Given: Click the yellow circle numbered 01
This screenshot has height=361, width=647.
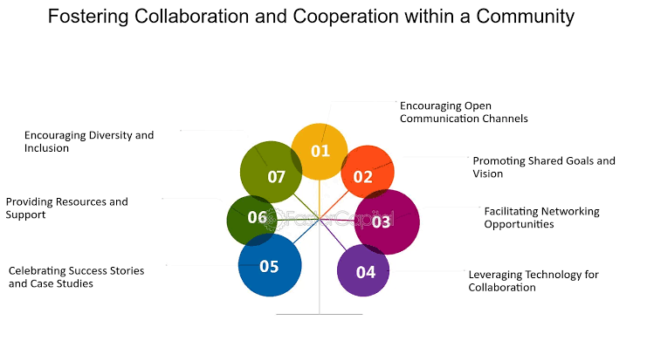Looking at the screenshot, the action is [320, 152].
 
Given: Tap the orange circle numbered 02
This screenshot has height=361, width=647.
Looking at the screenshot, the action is [368, 172].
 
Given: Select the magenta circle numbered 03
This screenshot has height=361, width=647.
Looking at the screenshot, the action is [387, 222].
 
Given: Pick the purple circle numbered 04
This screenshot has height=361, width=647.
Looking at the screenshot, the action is [363, 270].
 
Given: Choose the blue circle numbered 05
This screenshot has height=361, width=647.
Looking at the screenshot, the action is [270, 265].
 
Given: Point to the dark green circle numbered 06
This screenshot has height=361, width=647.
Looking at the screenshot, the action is [252, 221].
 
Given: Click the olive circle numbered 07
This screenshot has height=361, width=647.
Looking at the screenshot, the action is [271, 172].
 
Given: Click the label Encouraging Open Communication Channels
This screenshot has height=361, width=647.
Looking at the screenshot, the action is [464, 112].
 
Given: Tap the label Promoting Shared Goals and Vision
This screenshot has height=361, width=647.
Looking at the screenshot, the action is [544, 167].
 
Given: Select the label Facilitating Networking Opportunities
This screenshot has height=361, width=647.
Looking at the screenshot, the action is [541, 218].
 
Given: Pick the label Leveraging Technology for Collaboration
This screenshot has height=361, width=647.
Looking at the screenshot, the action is [533, 281].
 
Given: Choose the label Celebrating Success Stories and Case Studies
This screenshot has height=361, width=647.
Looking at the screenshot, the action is [76, 277].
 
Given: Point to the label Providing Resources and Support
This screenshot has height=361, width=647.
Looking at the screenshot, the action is [67, 208].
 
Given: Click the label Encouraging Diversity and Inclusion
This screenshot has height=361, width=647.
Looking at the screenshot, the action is [89, 141].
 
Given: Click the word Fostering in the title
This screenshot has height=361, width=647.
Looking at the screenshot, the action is [88, 17].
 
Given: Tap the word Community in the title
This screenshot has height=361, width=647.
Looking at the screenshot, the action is [526, 17].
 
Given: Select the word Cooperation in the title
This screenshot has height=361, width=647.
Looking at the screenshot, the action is [346, 17].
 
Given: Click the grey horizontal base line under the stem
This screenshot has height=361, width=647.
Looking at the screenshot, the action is [320, 315].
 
